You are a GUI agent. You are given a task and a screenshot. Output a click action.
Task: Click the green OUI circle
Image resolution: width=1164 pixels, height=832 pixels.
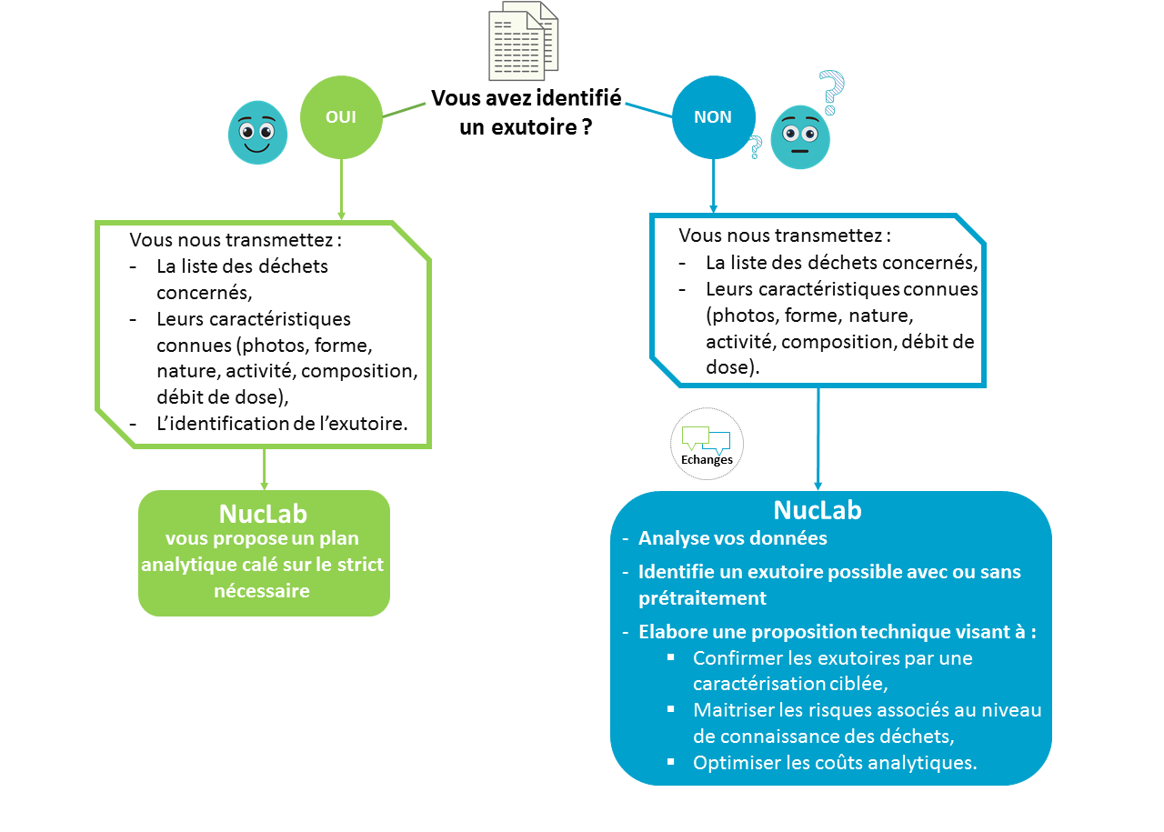tap(341, 117)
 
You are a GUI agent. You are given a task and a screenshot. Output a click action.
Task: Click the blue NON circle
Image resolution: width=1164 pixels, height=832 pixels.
tap(713, 117)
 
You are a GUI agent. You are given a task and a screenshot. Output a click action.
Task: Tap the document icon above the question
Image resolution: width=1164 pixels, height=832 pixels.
tap(523, 41)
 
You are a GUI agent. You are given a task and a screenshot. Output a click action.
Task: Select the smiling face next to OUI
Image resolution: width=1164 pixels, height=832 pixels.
tap(256, 133)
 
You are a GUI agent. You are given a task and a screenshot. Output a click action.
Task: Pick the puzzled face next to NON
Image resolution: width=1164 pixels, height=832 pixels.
tap(800, 136)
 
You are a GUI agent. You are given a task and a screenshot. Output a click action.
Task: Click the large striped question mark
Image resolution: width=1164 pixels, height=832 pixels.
tap(830, 92)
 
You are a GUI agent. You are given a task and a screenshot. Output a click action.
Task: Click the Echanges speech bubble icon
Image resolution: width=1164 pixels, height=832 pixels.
tap(707, 443)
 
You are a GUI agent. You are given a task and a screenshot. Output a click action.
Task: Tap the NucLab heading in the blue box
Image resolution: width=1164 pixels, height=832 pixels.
tap(817, 510)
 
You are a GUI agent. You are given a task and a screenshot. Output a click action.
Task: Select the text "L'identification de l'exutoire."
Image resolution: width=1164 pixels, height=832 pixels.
tap(282, 423)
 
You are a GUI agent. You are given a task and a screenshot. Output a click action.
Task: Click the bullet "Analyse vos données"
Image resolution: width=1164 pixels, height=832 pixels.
tap(732, 538)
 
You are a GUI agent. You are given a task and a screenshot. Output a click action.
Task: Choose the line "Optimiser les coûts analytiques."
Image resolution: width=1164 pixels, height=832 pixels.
tap(834, 763)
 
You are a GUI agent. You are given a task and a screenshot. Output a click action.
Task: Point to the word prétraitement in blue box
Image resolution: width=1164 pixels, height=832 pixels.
tap(702, 598)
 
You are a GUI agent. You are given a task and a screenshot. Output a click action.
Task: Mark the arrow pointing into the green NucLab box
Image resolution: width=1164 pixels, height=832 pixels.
tap(265, 468)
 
